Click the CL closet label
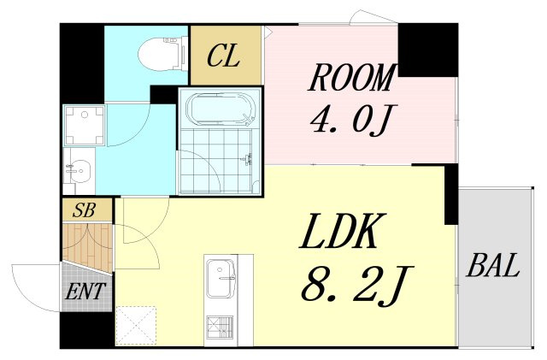coord(223,56)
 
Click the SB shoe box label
coord(84,210)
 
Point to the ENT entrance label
coord(85,292)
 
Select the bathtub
coord(221,109)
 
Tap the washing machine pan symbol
coord(84,125)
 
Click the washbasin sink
coord(79,171)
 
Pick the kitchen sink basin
coord(221,278)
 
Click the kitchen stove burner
coord(220,328)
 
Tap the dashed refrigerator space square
coord(136,326)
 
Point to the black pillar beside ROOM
coord(427,50)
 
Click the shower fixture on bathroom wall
coord(248,159)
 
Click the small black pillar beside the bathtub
coord(163,94)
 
